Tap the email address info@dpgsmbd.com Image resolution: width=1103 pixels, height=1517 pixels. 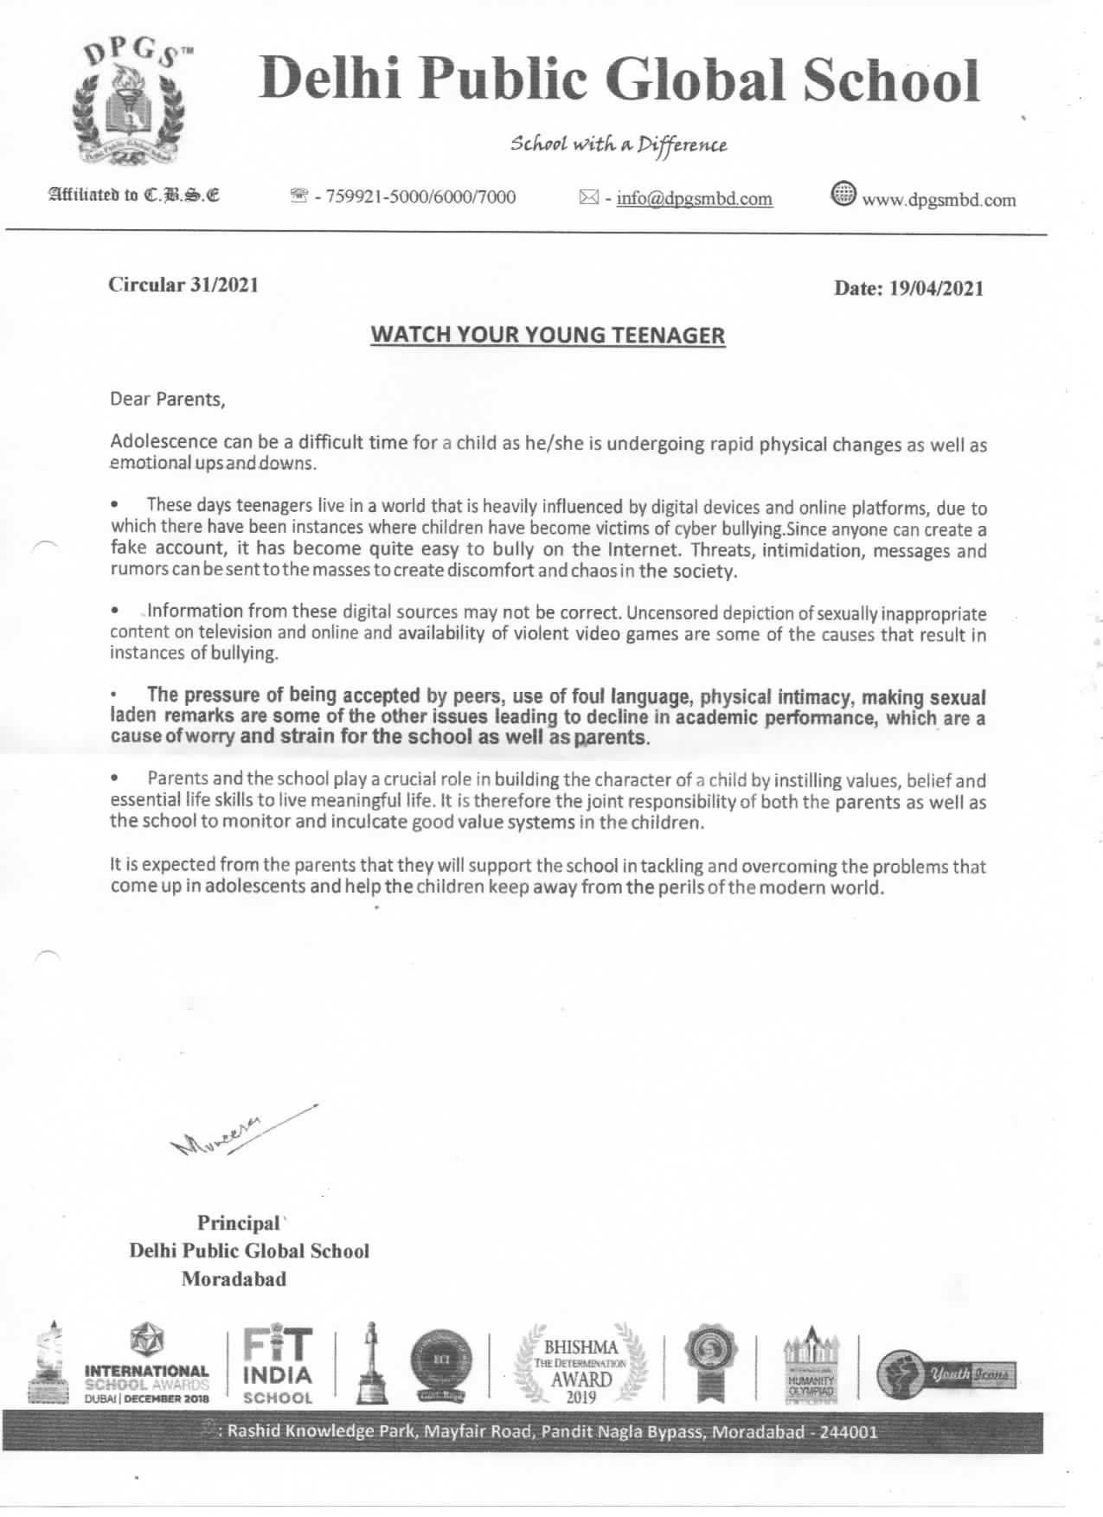click(694, 199)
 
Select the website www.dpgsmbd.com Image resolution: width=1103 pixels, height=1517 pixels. click(938, 200)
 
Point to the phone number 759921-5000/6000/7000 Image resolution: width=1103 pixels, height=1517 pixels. click(415, 197)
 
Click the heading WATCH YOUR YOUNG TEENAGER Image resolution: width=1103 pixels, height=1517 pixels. click(548, 335)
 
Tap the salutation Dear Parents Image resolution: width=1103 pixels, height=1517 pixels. click(167, 400)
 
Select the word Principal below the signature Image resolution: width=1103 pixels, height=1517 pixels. click(239, 1223)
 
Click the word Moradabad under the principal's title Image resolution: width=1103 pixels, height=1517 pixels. click(234, 1279)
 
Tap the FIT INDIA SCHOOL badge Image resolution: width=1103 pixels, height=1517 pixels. click(278, 1364)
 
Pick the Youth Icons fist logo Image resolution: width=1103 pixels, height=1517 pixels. click(945, 1374)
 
